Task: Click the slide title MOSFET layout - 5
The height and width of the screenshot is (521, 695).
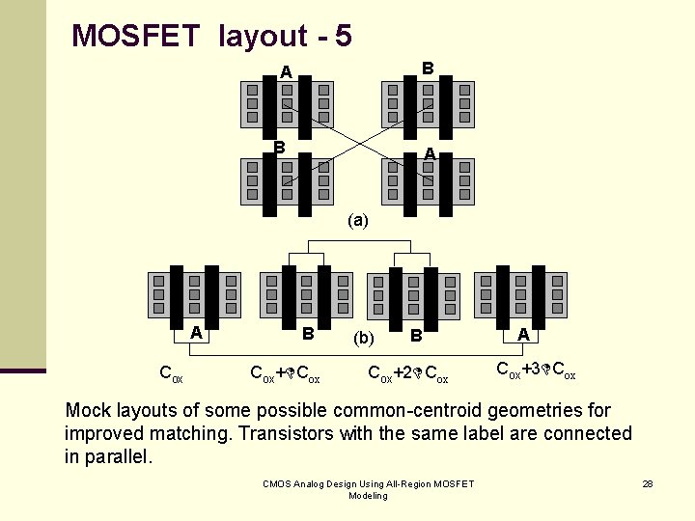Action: pos(211,37)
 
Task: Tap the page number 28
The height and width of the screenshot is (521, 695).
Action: pos(648,482)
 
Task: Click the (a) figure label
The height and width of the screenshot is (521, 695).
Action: pos(358,220)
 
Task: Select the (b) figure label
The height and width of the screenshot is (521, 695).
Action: pos(364,338)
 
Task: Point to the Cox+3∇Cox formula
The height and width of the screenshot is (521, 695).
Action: pos(536,369)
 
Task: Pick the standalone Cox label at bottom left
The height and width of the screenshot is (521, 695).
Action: pos(171,372)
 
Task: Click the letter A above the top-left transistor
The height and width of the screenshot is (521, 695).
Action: pos(285,71)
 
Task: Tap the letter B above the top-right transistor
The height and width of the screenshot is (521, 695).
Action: pos(428,68)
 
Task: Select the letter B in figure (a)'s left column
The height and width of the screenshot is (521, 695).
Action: pos(279,148)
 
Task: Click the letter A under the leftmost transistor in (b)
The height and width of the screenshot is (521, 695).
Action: pos(196,333)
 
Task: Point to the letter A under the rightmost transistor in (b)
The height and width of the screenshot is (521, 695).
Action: pos(523,335)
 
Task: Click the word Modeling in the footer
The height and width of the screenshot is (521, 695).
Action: pos(368,495)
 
